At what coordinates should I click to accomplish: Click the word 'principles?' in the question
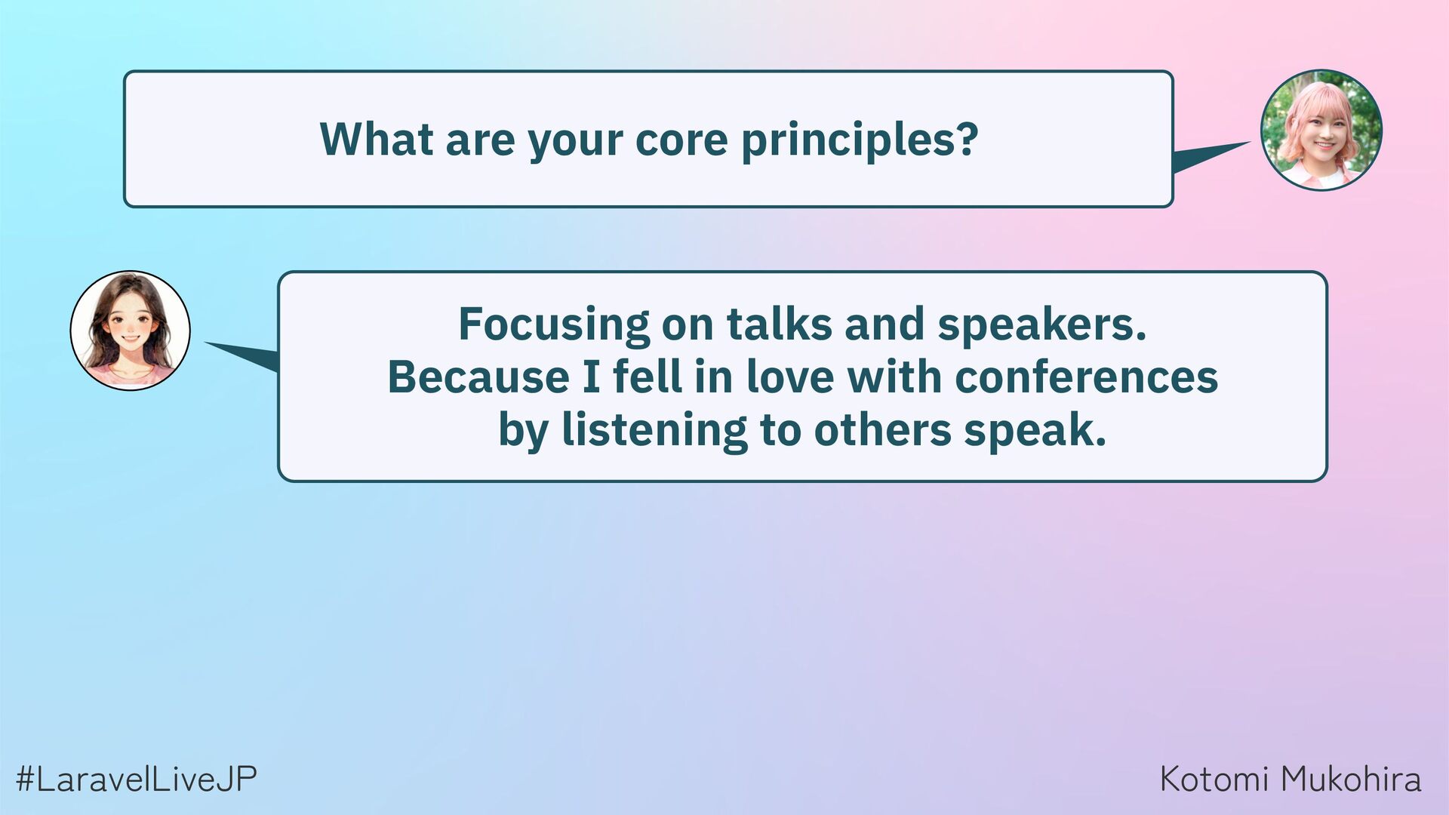(860, 141)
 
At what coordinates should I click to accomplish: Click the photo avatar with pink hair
(1321, 130)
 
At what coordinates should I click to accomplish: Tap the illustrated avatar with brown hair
(131, 331)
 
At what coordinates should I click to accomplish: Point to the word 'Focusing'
(554, 325)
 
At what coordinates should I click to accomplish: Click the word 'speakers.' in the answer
(1041, 325)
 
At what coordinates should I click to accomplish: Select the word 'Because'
(478, 377)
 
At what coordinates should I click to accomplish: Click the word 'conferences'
(1086, 377)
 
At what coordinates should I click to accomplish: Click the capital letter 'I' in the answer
(592, 377)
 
